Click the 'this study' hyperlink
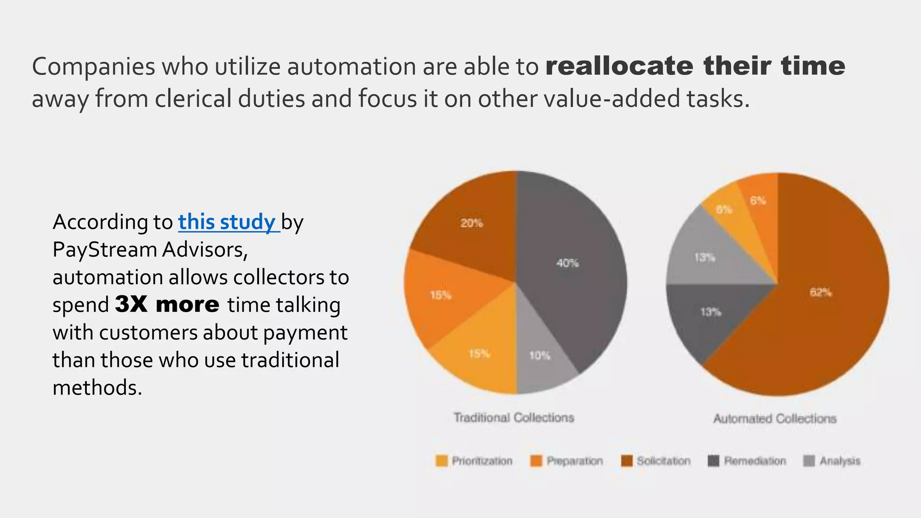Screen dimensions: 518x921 click(x=228, y=222)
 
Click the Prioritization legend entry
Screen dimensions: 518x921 click(x=474, y=461)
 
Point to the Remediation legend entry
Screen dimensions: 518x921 click(x=747, y=461)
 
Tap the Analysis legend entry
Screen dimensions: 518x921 click(x=832, y=461)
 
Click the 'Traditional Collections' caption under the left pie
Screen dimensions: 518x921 click(x=514, y=418)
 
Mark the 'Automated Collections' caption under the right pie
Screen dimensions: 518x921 click(x=775, y=419)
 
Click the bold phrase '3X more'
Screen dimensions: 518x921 click(x=167, y=305)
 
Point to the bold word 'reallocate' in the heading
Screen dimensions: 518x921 click(x=619, y=66)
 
